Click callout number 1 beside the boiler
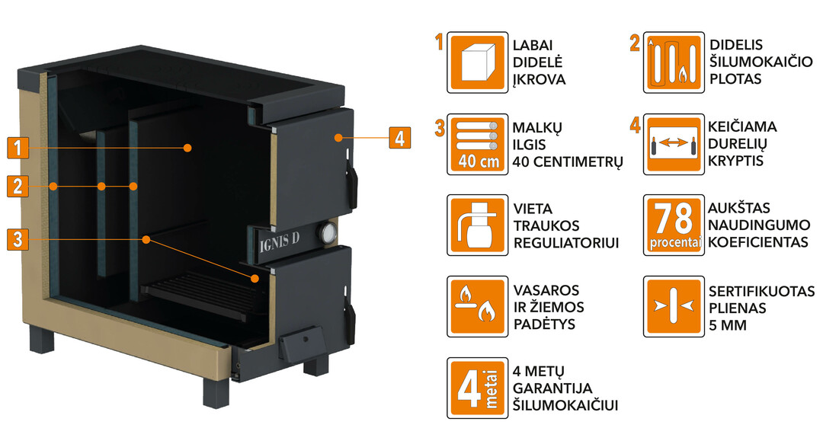pos(18,147)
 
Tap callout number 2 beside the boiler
pos(18,186)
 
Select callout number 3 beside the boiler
pos(18,240)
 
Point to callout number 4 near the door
pos(400,138)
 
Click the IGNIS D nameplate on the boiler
pos(280,241)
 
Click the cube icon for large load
pos(477,62)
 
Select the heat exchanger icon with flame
pos(674,62)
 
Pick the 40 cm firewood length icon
pos(477,144)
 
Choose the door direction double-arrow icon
pos(674,144)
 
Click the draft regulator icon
pos(477,225)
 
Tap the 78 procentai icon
pos(674,225)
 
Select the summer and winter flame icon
pos(477,307)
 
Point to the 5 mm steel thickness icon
pos(674,307)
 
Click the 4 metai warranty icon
pos(477,388)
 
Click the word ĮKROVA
pos(539,80)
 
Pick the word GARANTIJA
pos(552,388)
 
